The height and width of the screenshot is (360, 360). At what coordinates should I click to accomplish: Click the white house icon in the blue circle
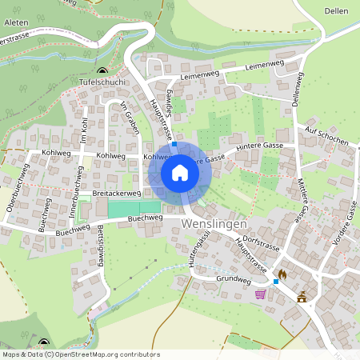pos(180,172)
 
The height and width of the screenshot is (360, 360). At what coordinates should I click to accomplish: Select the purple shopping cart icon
pos(260,294)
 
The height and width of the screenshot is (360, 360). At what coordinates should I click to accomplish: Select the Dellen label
pos(337,10)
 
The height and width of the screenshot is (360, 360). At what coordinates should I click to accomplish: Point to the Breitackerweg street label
pos(117,194)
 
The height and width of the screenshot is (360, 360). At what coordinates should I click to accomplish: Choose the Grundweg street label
pos(234,280)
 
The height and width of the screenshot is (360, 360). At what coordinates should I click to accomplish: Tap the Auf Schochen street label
pos(326,135)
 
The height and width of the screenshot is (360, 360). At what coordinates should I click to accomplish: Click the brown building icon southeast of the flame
pos(302,297)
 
